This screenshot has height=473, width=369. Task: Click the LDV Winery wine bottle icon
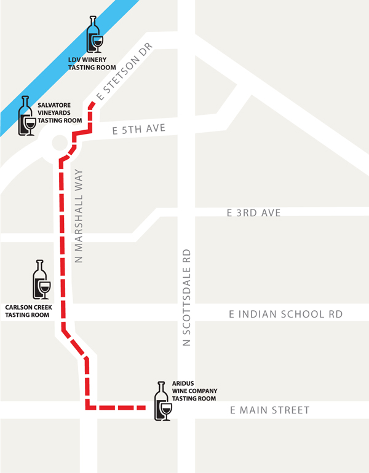point(94,36)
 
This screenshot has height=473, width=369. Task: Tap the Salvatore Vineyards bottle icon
point(26,117)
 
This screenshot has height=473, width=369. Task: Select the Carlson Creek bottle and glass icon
point(42,281)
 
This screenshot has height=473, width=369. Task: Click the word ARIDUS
point(183,383)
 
